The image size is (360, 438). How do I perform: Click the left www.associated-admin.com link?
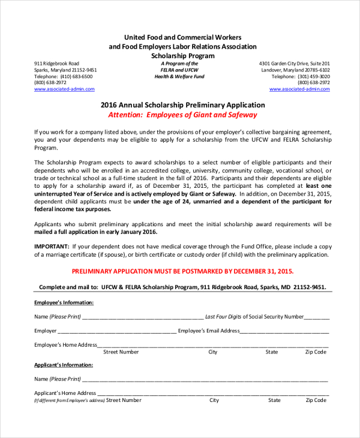(64, 89)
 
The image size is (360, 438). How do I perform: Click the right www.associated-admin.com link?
(299, 89)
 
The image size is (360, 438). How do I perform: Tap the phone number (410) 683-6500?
(77, 76)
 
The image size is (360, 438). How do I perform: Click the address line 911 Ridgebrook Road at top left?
(56, 63)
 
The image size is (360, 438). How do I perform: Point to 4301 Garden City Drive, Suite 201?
(294, 63)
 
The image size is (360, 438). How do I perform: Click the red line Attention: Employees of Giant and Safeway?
(182, 115)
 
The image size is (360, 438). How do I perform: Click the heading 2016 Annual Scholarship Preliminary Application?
(182, 104)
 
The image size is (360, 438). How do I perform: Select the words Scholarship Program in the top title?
(182, 55)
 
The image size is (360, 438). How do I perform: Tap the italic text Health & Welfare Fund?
(179, 77)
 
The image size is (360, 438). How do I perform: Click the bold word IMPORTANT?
(50, 246)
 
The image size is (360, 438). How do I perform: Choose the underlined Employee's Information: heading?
(64, 302)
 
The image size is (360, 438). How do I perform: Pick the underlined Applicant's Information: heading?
(63, 364)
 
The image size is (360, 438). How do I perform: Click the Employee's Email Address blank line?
(284, 331)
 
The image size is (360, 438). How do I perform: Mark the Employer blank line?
(117, 331)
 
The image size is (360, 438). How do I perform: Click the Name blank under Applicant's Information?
(205, 379)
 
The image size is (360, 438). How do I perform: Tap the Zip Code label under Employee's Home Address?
(316, 352)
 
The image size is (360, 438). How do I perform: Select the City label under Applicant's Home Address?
(214, 400)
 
